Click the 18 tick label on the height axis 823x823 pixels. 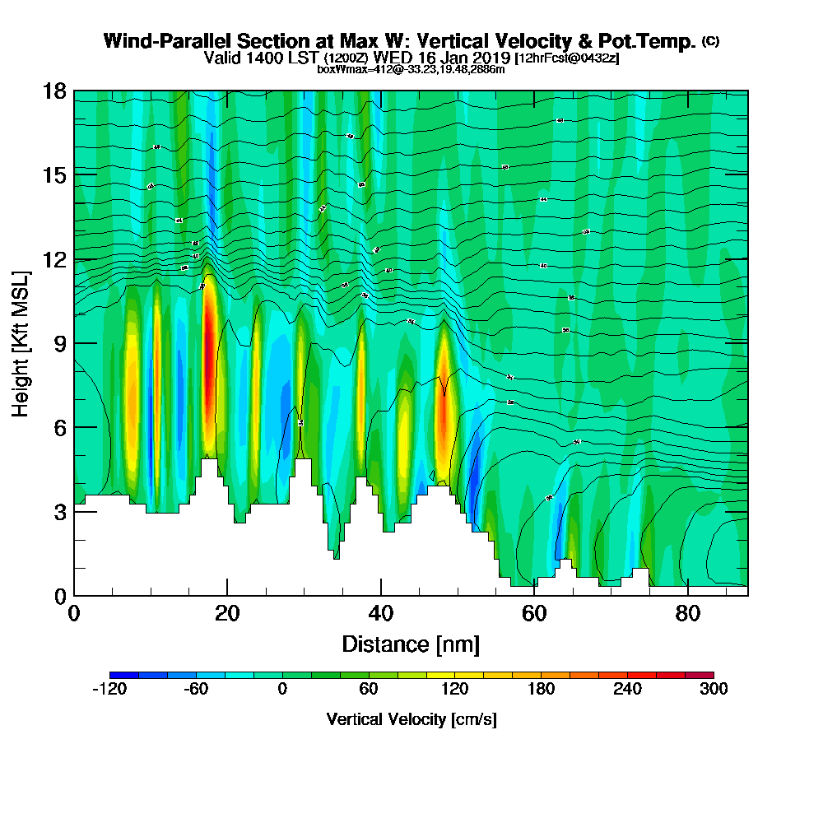[x=55, y=91]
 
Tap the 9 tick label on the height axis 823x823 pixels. [x=60, y=343]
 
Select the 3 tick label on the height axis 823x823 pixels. [x=60, y=511]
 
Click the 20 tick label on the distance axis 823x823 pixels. [x=227, y=613]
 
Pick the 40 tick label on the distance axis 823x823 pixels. [x=381, y=613]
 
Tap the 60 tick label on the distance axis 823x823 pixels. [x=534, y=613]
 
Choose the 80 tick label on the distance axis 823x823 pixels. [x=688, y=613]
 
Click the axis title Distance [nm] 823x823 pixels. [x=411, y=644]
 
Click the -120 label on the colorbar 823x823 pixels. [x=109, y=690]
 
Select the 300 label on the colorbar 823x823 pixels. [x=713, y=690]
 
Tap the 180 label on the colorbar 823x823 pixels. [x=541, y=690]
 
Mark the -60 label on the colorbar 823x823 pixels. [x=196, y=690]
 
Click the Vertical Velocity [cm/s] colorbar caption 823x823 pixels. [x=411, y=719]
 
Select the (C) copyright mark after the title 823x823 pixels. [x=710, y=41]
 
